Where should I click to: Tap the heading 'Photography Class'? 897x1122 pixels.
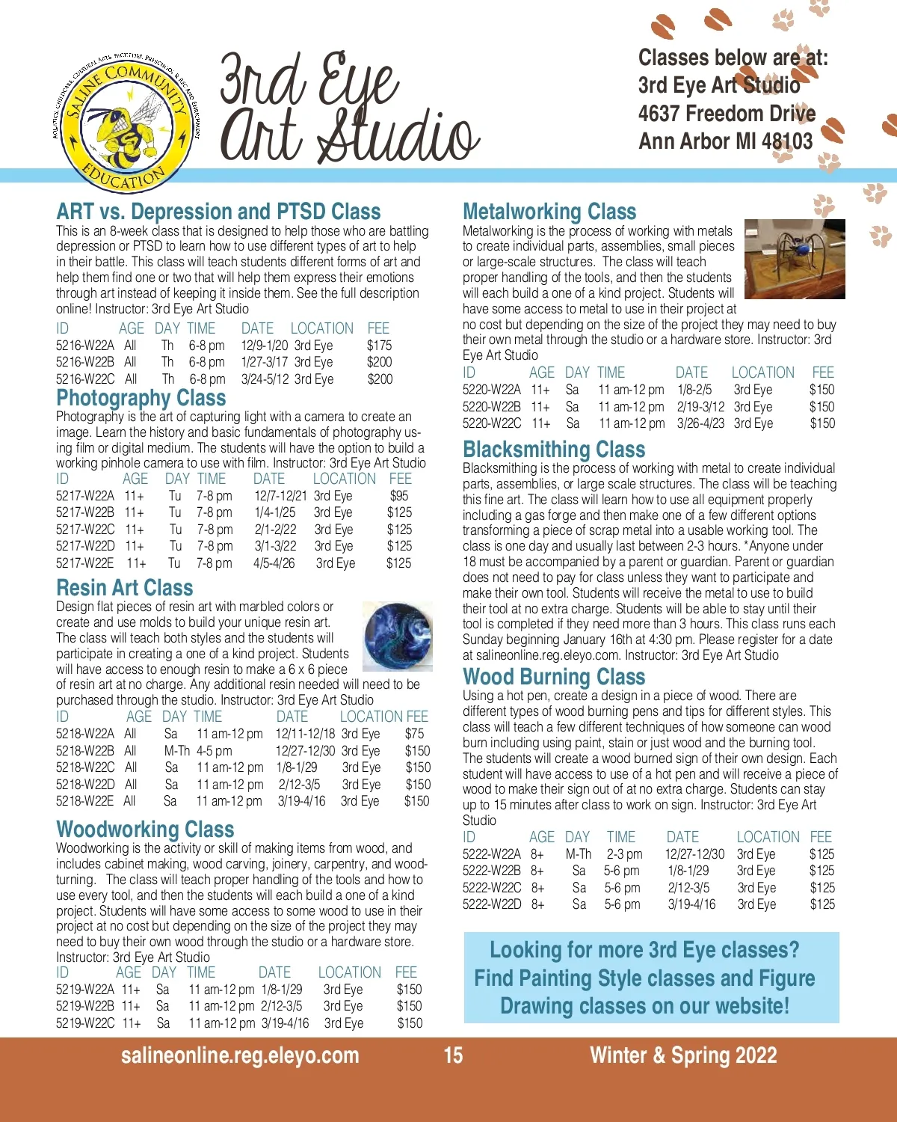[x=141, y=398]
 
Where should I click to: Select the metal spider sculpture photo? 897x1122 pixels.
[x=795, y=259]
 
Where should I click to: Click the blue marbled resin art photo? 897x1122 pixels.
[x=397, y=635]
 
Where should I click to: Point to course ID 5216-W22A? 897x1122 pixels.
[x=84, y=346]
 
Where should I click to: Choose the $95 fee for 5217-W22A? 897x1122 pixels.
[x=399, y=496]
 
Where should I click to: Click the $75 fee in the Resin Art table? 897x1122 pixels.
[x=414, y=734]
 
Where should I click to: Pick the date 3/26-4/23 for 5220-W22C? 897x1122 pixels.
[x=700, y=423]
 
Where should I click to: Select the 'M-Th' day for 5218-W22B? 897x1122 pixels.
[x=177, y=751]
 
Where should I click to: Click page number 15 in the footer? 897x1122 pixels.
[x=453, y=1055]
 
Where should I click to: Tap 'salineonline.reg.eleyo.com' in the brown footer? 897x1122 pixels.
[x=240, y=1055]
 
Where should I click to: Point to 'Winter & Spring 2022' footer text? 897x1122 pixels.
[x=683, y=1055]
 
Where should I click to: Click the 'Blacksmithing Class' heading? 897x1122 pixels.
[x=553, y=450]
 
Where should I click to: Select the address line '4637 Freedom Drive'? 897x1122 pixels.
[x=726, y=114]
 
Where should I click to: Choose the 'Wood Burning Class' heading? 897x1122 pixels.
[x=553, y=677]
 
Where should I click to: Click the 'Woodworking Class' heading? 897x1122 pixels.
[x=145, y=830]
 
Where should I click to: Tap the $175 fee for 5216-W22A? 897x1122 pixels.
[x=379, y=346]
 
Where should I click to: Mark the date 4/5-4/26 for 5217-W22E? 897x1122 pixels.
[x=274, y=563]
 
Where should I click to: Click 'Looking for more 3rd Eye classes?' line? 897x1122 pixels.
[x=644, y=950]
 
